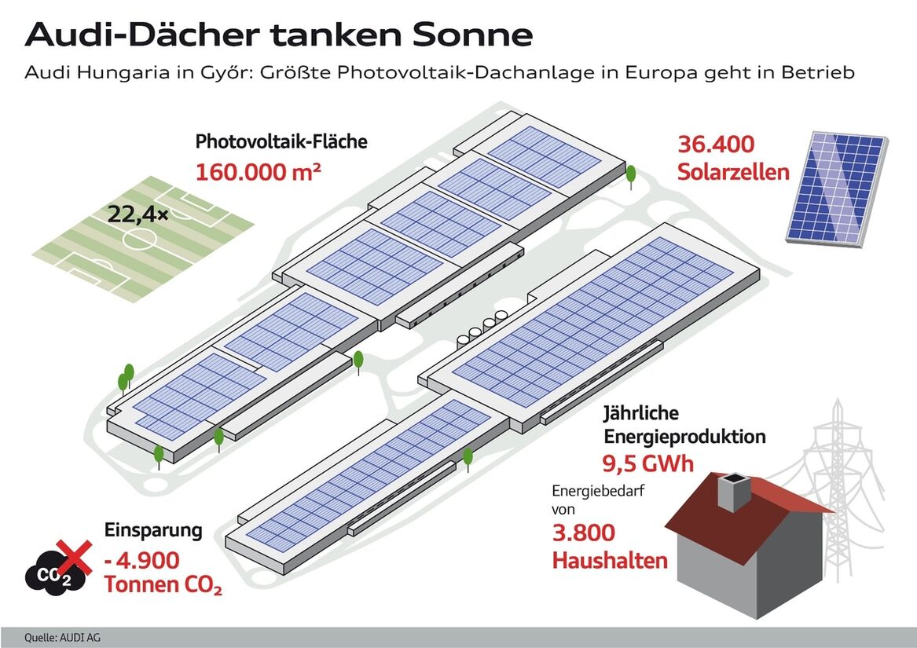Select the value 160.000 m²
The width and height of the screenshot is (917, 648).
pos(258,172)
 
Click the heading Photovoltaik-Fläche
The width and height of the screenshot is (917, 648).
pos(281,141)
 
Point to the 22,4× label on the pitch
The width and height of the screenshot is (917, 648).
pos(138,214)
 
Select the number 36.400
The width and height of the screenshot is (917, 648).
pos(716,145)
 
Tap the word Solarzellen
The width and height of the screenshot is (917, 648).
pos(733,172)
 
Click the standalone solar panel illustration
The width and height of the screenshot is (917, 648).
pos(836,189)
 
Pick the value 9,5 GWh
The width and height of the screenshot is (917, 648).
pos(648,463)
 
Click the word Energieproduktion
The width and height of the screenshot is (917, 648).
pos(684,436)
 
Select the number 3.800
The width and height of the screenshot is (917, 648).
pos(584,533)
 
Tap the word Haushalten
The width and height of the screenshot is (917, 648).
pos(610,560)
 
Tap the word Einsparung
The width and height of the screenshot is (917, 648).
pos(153,530)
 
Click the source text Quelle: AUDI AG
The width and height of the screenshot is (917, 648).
pos(58,638)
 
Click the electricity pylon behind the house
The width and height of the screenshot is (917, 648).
pos(838,480)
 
